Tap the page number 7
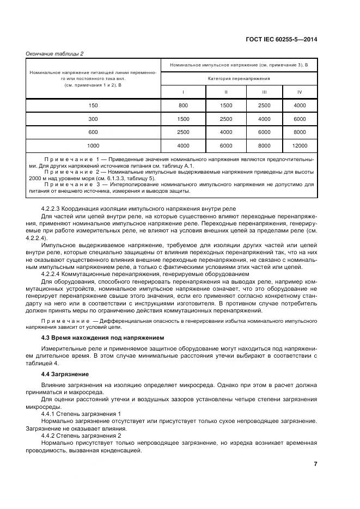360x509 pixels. [315, 464]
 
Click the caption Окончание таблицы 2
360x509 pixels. [54, 53]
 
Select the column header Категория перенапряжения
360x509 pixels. [238, 78]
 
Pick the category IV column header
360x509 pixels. [300, 91]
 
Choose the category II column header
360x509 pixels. [225, 91]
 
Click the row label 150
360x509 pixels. [94, 105]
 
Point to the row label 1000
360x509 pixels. [94, 145]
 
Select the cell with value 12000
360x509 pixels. [300, 145]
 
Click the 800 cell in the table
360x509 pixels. [183, 105]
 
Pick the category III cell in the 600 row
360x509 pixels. [264, 132]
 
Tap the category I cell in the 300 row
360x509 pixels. [183, 118]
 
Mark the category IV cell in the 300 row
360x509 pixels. [300, 118]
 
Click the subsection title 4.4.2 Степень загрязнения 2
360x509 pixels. [81, 436]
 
